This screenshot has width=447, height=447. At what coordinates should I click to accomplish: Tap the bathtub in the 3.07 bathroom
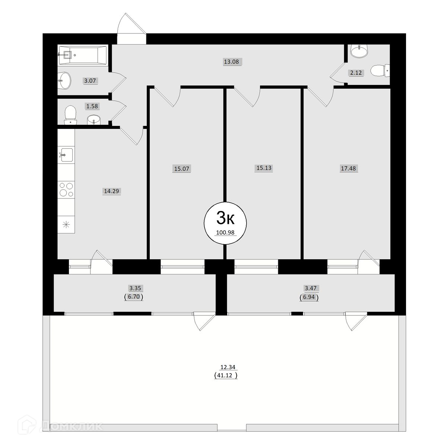pos(83,55)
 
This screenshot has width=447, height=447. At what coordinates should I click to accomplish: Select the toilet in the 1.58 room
pos(70,115)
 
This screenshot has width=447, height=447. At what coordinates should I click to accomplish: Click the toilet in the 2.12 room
pos(380,70)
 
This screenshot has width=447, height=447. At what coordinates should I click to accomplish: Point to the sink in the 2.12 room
pos(359,51)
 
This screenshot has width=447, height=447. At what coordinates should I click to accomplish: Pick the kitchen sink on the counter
pos(66,155)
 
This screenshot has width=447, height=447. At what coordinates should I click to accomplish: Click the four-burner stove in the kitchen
pos(66,190)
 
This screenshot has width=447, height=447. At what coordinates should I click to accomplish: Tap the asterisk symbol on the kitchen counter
pos(66,224)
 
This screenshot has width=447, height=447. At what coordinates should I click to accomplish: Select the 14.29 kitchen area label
pos(112,191)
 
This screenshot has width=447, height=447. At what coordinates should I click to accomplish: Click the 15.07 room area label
pos(182,169)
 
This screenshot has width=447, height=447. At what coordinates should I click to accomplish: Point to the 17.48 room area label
pos(348,168)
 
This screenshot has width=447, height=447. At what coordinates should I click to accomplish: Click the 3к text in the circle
pos(225,218)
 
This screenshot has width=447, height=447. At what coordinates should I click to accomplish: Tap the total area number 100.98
pos(225,232)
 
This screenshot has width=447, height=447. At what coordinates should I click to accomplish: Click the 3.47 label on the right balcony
pos(311,288)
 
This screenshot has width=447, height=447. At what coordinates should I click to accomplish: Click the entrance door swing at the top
pos(131,29)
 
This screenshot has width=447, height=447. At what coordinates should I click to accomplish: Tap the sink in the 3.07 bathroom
pos(64,80)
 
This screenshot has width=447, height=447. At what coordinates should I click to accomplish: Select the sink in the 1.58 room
pos(94,120)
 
